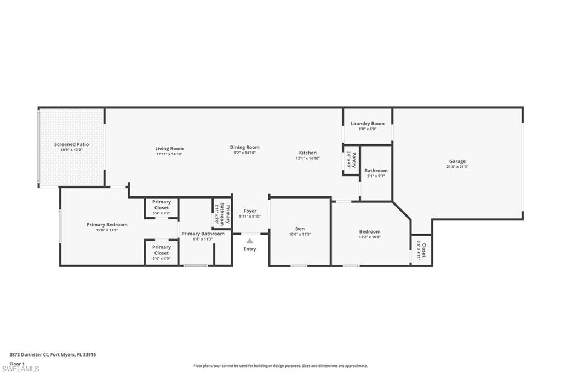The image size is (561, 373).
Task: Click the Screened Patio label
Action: pyautogui.click(x=71, y=144)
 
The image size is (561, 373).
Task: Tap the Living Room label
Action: pyautogui.click(x=169, y=148)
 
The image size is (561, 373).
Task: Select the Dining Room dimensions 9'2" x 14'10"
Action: pyautogui.click(x=244, y=153)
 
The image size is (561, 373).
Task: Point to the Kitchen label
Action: pyautogui.click(x=307, y=153)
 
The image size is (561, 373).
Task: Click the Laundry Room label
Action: pyautogui.click(x=368, y=124)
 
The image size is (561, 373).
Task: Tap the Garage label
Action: pyautogui.click(x=457, y=161)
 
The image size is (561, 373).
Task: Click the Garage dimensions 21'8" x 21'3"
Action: pyautogui.click(x=457, y=167)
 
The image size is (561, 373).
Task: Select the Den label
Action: pyautogui.click(x=300, y=229)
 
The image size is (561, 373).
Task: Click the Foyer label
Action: pyautogui.click(x=250, y=211)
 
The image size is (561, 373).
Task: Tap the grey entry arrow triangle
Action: pyautogui.click(x=250, y=240)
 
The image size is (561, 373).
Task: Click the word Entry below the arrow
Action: pyautogui.click(x=250, y=249)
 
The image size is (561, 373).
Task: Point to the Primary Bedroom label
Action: pyautogui.click(x=107, y=224)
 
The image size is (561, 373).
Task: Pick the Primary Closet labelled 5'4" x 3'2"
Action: pyautogui.click(x=162, y=205)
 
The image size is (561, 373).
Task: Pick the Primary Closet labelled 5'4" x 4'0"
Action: pyautogui.click(x=162, y=250)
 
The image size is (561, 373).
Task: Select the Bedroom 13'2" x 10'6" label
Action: pyautogui.click(x=370, y=231)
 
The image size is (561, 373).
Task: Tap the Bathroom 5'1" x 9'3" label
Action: pyautogui.click(x=376, y=171)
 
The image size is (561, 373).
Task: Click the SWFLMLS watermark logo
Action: pyautogui.click(x=20, y=369)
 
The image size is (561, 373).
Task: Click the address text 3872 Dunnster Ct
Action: pyautogui.click(x=27, y=354)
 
